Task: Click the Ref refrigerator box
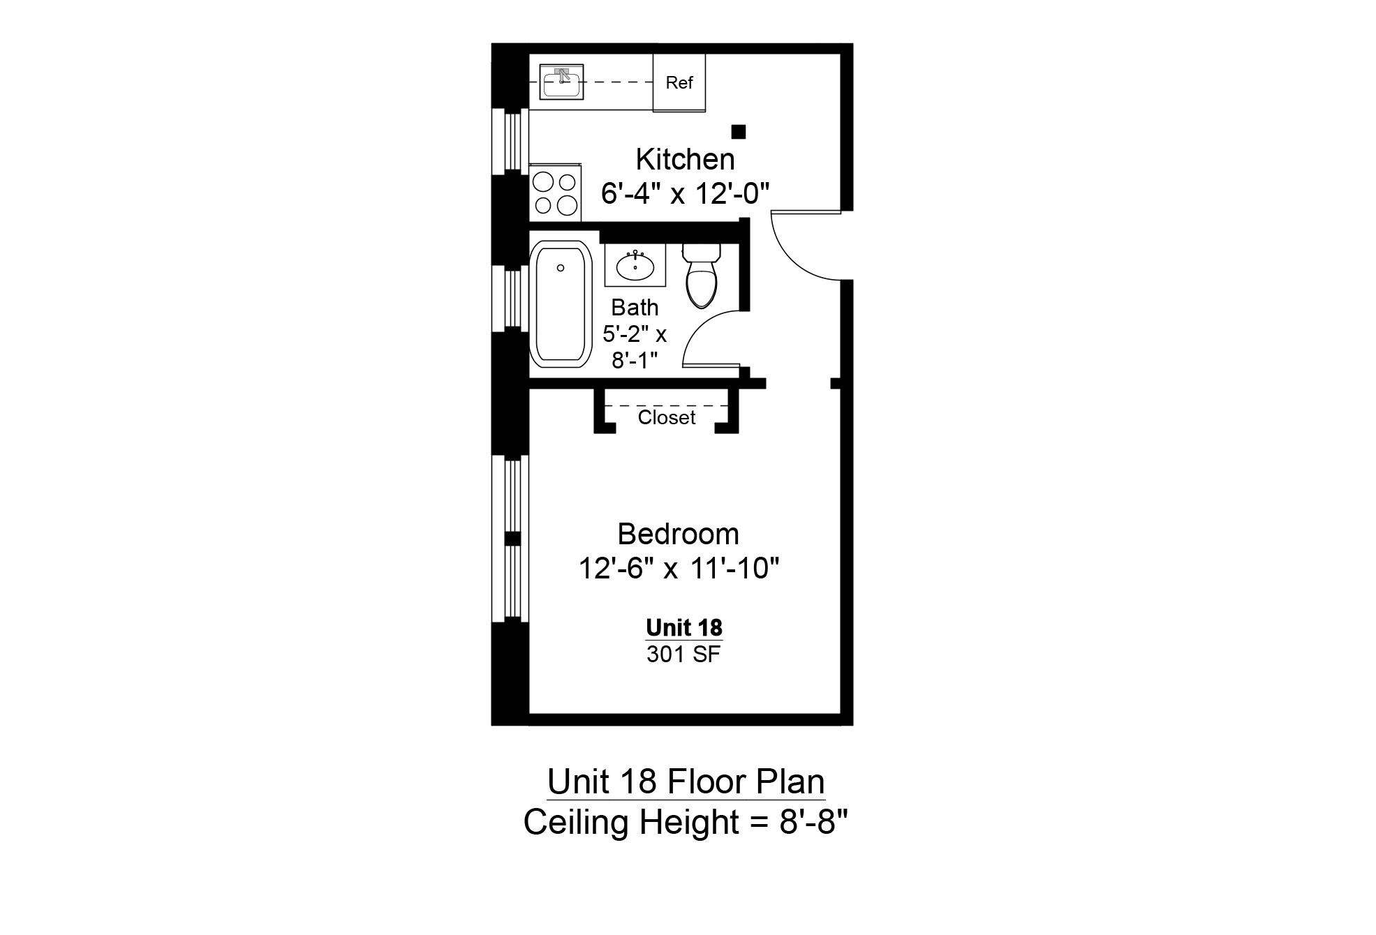pyautogui.click(x=679, y=83)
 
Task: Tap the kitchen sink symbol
pyautogui.click(x=561, y=82)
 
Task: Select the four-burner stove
pyautogui.click(x=555, y=194)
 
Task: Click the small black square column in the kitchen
pyautogui.click(x=738, y=132)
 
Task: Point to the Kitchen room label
pyautogui.click(x=685, y=160)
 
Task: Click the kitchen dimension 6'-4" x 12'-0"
pyautogui.click(x=685, y=193)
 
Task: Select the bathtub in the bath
pyautogui.click(x=561, y=304)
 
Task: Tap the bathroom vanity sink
pyautogui.click(x=635, y=265)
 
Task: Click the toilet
pyautogui.click(x=702, y=275)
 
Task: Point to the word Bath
pyautogui.click(x=635, y=307)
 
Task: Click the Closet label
pyautogui.click(x=667, y=417)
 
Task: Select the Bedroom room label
pyautogui.click(x=678, y=534)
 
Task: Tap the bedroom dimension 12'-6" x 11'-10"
pyautogui.click(x=678, y=568)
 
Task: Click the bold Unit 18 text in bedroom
pyautogui.click(x=683, y=627)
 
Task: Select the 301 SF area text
pyautogui.click(x=683, y=654)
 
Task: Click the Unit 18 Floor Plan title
pyautogui.click(x=686, y=781)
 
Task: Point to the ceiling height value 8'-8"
pyautogui.click(x=813, y=823)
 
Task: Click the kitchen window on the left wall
pyautogui.click(x=510, y=142)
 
